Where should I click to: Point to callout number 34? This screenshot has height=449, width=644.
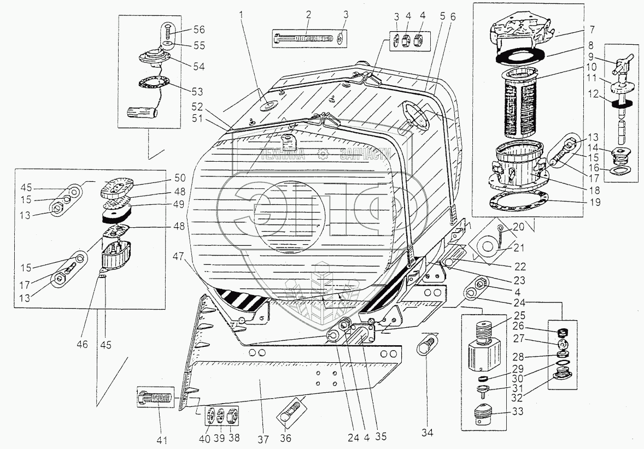point(426,433)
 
